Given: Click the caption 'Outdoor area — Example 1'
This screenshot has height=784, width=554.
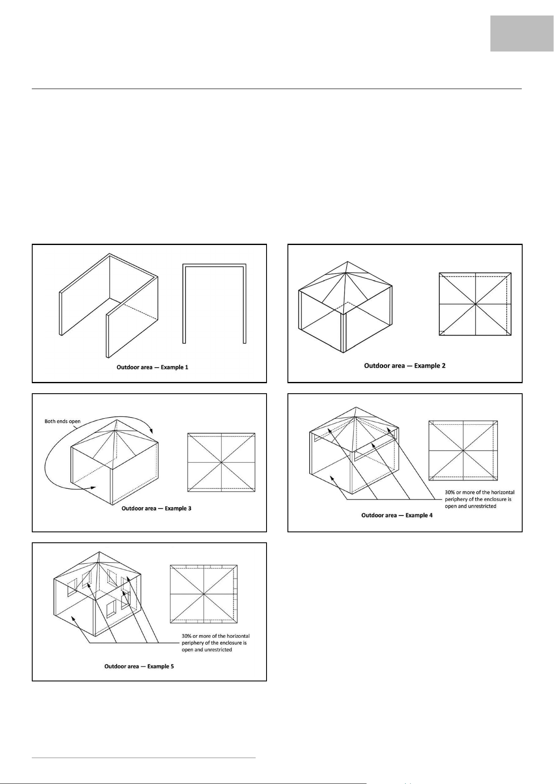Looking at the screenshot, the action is tap(152, 367).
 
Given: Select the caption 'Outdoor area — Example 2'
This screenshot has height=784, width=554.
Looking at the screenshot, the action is tap(405, 366).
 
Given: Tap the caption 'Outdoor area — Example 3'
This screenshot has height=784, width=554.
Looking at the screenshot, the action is tap(156, 508).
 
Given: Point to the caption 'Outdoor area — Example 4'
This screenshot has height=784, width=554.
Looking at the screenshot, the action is tap(397, 515).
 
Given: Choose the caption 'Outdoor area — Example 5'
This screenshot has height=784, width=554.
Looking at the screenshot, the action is tap(139, 666).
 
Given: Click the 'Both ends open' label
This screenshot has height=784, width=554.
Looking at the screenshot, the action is tap(62, 421).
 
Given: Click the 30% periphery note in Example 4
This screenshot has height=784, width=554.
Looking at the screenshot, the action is tap(480, 499).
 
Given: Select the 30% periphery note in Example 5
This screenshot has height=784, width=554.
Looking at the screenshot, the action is tap(216, 643).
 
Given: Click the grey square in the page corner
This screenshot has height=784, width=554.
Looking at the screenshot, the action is tap(522, 34).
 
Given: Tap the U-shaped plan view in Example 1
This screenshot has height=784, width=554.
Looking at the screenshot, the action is tap(215, 266).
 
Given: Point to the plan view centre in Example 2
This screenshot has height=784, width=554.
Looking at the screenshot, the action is tap(475, 304).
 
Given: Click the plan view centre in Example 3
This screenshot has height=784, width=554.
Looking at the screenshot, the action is tap(221, 462).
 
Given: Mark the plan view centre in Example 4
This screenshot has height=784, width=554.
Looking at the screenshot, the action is tap(464, 450).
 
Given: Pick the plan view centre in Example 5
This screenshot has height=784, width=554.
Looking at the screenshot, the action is tap(204, 594).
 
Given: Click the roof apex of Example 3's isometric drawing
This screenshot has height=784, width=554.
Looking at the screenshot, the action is tap(118, 420).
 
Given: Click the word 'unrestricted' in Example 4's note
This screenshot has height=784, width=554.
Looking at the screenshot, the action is tap(482, 506).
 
